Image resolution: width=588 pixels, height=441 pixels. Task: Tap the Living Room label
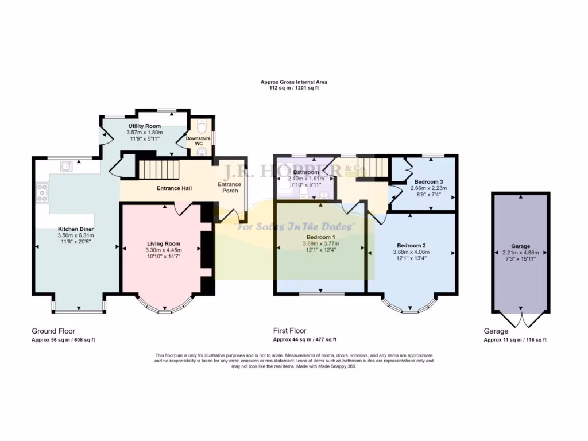click(164, 244)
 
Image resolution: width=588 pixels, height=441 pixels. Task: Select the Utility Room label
click(144, 126)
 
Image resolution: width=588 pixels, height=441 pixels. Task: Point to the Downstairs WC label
click(198, 140)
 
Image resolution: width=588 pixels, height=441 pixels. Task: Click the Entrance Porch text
click(230, 187)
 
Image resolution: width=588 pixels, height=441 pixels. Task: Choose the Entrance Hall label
click(174, 188)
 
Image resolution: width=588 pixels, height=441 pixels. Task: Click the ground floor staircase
click(157, 170)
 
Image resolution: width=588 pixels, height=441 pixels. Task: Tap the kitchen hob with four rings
click(42, 193)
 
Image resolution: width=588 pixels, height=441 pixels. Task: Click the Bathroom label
click(305, 172)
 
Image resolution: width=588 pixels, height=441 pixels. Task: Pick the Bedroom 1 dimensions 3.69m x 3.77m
click(320, 243)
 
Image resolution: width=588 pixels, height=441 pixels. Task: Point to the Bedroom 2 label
click(411, 245)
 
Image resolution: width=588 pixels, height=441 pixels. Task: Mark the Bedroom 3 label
click(427, 181)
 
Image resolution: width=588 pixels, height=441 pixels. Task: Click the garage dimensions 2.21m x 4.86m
click(521, 252)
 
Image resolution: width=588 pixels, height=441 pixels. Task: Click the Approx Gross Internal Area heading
click(293, 82)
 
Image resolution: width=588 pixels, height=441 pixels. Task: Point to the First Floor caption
click(289, 331)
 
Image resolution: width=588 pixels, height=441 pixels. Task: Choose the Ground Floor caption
click(52, 331)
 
